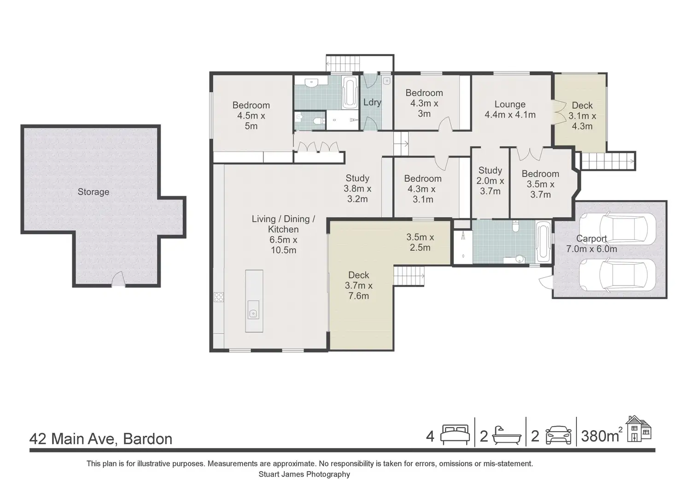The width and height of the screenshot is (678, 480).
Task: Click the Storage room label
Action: coord(93,192)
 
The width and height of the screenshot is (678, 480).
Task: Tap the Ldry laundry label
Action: coord(372,102)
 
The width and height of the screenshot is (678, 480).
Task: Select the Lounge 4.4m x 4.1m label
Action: coord(510,109)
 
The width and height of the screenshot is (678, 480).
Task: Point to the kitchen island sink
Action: coord(253,310)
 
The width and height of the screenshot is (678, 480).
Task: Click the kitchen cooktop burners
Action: coord(219,297)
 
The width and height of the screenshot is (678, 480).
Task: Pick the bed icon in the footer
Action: coord(455,435)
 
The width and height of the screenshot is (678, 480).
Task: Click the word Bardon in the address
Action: coord(148,439)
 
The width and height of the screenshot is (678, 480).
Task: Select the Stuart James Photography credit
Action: coord(304,474)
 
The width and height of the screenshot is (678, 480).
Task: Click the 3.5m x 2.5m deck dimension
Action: coord(420,242)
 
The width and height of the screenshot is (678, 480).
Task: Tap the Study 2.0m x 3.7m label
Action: coord(490,181)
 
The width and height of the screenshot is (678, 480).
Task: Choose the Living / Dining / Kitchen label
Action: coord(283,234)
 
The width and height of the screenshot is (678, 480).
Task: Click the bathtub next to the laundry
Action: coord(350,92)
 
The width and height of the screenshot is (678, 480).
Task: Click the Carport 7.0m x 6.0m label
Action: coord(591,243)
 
